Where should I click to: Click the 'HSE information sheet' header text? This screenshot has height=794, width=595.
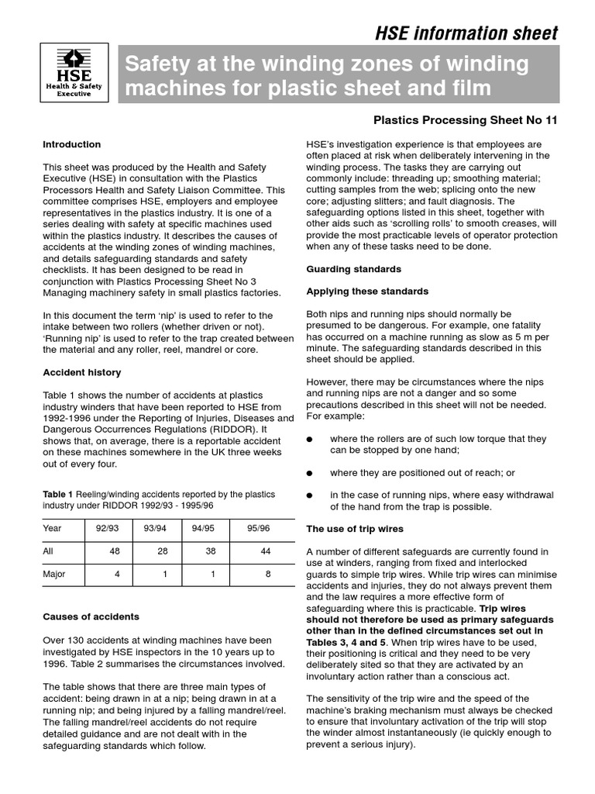click(466, 33)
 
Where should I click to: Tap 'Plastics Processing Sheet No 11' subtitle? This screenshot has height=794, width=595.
click(465, 120)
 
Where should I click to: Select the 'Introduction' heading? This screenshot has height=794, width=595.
click(71, 144)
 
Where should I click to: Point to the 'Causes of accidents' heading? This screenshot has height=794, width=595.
click(91, 616)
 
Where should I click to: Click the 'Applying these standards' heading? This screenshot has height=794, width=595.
click(367, 292)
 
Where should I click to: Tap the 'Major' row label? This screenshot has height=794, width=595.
click(54, 575)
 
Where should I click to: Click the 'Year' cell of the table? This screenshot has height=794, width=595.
click(53, 528)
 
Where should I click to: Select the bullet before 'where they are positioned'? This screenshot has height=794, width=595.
click(310, 473)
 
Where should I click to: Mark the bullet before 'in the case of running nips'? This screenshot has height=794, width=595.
click(310, 495)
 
